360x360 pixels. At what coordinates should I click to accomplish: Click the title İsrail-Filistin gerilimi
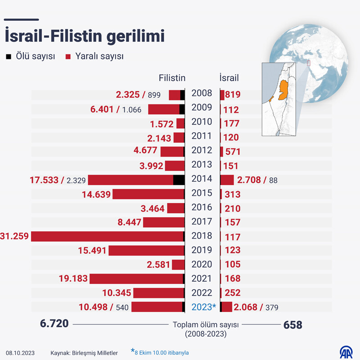[84, 36]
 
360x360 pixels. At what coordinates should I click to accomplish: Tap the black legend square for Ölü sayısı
[8, 57]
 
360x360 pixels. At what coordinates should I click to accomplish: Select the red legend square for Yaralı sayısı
[68, 57]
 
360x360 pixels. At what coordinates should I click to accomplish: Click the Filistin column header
[172, 77]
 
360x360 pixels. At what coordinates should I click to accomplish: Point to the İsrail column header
[229, 77]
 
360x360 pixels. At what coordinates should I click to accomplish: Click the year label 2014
[202, 179]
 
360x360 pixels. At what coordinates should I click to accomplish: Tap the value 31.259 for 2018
[14, 236]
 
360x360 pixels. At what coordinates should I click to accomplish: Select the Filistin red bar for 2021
[136, 279]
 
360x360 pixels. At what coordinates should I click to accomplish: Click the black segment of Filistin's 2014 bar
[179, 180]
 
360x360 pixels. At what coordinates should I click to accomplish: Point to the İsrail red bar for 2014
[227, 180]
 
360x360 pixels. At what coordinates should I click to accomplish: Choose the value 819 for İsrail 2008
[233, 95]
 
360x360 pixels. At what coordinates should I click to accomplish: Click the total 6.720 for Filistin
[54, 324]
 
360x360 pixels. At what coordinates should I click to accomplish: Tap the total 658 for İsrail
[292, 324]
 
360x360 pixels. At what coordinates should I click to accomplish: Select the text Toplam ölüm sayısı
[205, 325]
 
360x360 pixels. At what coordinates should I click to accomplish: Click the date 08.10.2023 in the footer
[20, 353]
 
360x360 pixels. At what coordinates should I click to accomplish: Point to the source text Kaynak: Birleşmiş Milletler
[84, 353]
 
